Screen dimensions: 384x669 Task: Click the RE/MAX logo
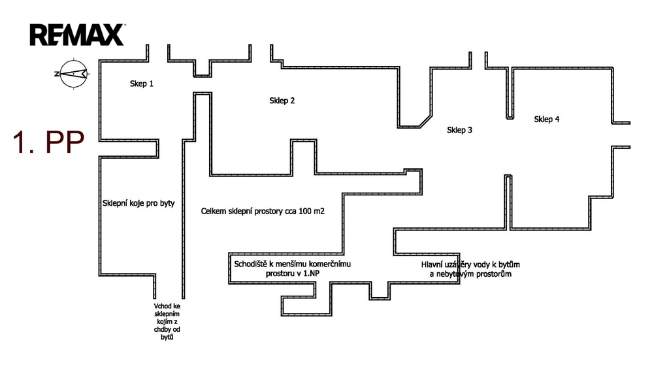point(76,35)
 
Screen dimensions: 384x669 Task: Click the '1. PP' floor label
point(48,143)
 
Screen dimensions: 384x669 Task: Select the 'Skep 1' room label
point(142,84)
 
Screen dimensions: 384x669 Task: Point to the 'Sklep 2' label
point(282,101)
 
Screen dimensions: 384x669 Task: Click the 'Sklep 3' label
point(460,130)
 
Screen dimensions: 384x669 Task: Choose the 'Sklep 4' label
point(546,119)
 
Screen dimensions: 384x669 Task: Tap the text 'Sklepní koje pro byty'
point(139,203)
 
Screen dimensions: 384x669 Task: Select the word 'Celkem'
point(213,212)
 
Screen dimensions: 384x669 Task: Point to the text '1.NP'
point(310,274)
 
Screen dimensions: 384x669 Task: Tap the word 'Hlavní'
point(432,264)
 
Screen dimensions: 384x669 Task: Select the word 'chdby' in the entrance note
point(159,329)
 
